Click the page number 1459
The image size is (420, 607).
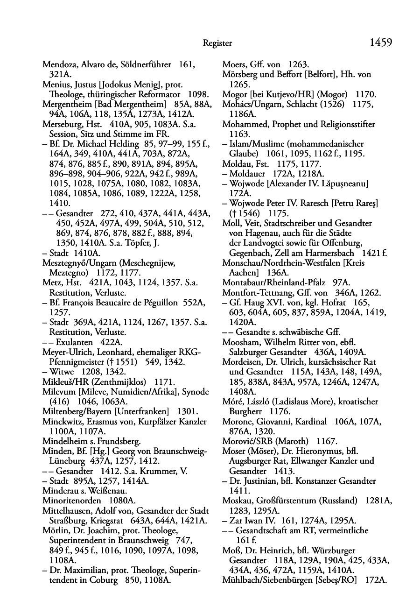click(381, 42)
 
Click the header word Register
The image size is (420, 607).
click(217, 43)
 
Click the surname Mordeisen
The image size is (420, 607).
click(242, 362)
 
